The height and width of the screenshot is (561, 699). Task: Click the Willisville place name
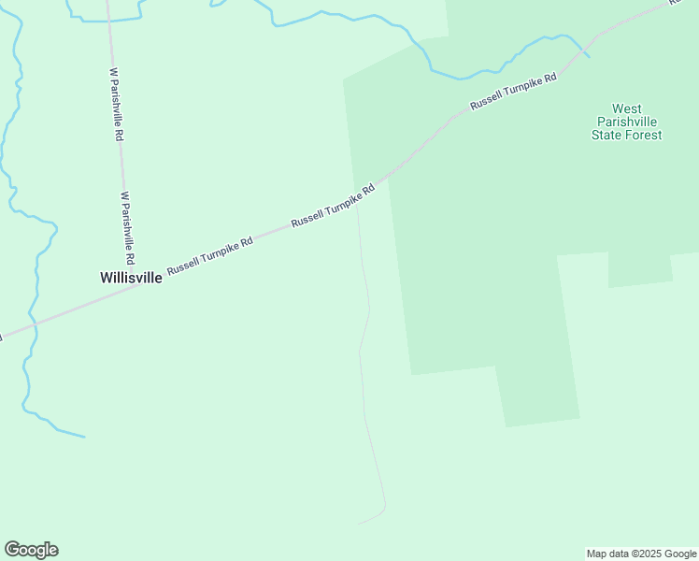(131, 278)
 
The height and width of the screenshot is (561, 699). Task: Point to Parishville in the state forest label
(627, 122)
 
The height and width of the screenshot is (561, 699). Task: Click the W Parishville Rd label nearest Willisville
(128, 228)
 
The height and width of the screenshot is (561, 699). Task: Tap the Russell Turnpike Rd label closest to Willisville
(210, 256)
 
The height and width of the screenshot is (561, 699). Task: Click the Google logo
(32, 550)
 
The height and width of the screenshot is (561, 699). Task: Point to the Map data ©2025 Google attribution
(642, 554)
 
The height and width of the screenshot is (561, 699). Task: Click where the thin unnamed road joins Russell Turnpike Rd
(357, 199)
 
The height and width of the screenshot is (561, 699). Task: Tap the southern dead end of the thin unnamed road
(361, 523)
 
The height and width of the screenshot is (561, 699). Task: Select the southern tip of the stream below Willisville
(84, 437)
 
